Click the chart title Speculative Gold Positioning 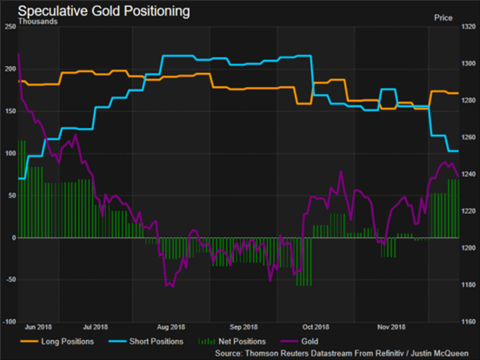point(103,11)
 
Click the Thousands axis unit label point(37,22)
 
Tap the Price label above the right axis point(443,17)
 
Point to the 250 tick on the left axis point(10,27)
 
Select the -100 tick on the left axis point(10,322)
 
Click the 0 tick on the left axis point(14,237)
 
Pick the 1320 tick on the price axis point(469,27)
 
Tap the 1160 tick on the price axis point(469,322)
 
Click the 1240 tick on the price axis point(469,174)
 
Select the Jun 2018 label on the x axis point(38,327)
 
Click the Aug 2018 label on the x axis point(170,327)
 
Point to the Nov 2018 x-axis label point(391,327)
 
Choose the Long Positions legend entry point(57,342)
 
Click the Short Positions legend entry point(146,342)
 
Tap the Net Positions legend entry point(232,342)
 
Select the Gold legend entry point(299,342)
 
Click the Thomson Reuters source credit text point(342,353)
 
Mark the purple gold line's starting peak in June point(19,54)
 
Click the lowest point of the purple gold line point(173,287)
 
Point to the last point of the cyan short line point(458,151)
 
